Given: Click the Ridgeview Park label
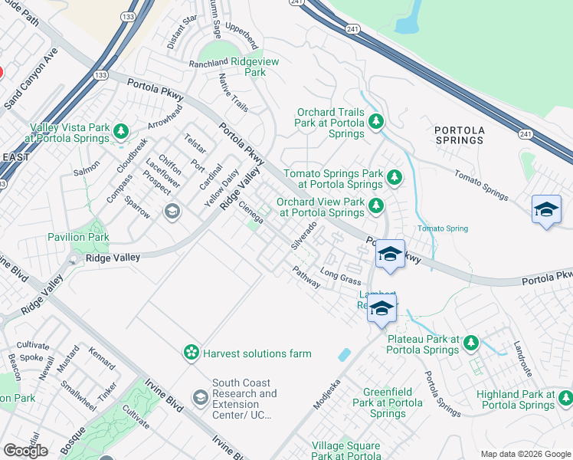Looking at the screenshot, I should pos(244,66).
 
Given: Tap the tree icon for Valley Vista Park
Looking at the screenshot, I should pos(120,132).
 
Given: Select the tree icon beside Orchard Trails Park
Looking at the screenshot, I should pos(375,120).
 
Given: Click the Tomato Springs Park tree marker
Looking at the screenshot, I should pos(394,178).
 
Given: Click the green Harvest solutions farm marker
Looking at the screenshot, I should pos(190,353).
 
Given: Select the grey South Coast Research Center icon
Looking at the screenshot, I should pos(200,396).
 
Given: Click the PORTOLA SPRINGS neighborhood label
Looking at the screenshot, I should pos(459,135).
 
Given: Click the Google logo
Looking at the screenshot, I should pos(25,451).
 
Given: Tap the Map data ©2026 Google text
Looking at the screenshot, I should pos(525,454).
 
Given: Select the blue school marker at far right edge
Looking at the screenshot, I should pos(546,209).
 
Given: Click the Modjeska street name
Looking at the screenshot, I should pos(326,393).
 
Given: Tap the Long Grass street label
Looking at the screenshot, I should pos(340,273).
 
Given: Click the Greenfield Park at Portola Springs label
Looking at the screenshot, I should pos(387,402).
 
